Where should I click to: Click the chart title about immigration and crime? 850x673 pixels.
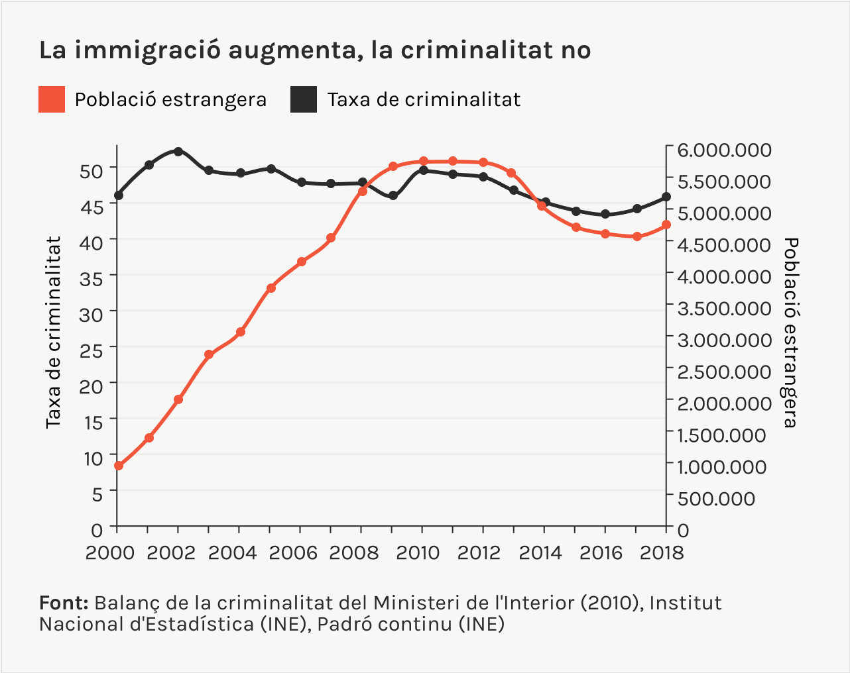click(x=315, y=50)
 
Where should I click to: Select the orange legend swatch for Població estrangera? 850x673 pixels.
click(x=52, y=99)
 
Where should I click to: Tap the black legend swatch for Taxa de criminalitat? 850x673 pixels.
click(x=304, y=99)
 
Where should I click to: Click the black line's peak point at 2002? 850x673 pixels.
click(x=178, y=152)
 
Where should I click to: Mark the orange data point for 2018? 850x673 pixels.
click(x=666, y=225)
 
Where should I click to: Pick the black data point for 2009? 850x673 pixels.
click(x=393, y=195)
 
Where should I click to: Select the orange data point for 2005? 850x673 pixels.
click(x=271, y=288)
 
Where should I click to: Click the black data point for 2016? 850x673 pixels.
click(x=605, y=214)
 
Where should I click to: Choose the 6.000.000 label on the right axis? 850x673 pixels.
click(x=724, y=150)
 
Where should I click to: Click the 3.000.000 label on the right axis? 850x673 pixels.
click(x=724, y=340)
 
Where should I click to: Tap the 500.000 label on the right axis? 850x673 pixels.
click(x=716, y=498)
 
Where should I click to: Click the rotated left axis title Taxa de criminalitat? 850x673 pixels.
click(x=53, y=333)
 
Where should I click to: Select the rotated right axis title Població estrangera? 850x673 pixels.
click(x=790, y=333)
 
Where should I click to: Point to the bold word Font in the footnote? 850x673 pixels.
click(x=64, y=603)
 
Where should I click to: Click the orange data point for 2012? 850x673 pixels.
click(x=483, y=162)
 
